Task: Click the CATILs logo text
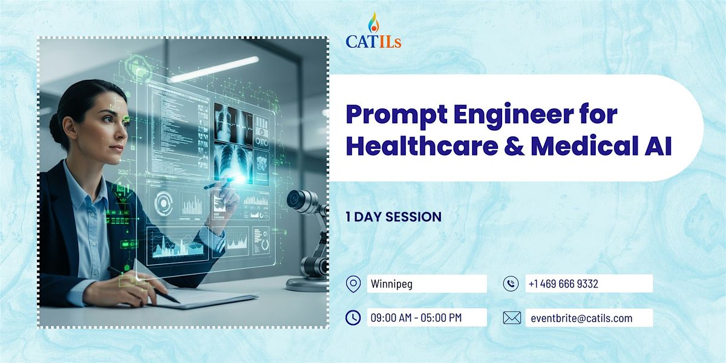(x=373, y=42)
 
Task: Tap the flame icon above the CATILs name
(x=374, y=22)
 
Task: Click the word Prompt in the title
(x=397, y=116)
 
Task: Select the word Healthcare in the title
(x=422, y=146)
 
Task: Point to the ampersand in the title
(x=514, y=146)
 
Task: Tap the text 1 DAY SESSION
(x=393, y=217)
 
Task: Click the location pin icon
(x=353, y=284)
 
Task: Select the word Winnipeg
(x=391, y=284)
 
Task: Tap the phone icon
(x=511, y=284)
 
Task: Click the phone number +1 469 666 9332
(x=563, y=284)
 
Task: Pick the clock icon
(x=353, y=318)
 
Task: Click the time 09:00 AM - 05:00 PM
(x=416, y=318)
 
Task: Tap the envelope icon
(x=512, y=318)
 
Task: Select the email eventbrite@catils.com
(x=581, y=318)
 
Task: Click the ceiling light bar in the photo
(x=214, y=69)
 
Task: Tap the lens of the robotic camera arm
(x=293, y=198)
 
